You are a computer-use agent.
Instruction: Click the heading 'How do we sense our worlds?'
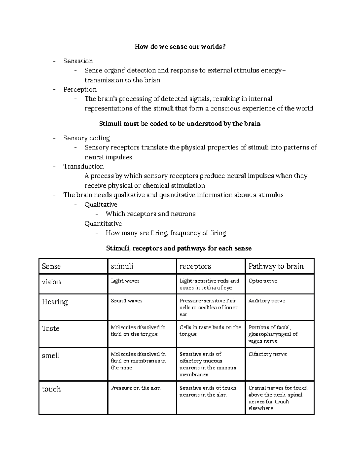pyautogui.click(x=180, y=47)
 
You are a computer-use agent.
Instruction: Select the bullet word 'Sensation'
pyautogui.click(x=78, y=61)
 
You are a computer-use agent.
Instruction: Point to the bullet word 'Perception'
pyautogui.click(x=80, y=89)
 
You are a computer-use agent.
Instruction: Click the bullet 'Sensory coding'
pyautogui.click(x=87, y=138)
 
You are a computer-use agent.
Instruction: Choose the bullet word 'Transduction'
pyautogui.click(x=83, y=167)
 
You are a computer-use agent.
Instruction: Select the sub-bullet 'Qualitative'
pyautogui.click(x=101, y=205)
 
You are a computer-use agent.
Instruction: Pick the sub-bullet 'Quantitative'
pyautogui.click(x=103, y=224)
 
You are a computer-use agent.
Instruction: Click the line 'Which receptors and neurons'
pyautogui.click(x=150, y=214)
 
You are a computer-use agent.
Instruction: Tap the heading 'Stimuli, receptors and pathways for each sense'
pyautogui.click(x=179, y=248)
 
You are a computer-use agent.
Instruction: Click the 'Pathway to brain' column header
pyautogui.click(x=276, y=266)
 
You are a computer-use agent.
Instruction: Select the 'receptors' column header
pyautogui.click(x=195, y=266)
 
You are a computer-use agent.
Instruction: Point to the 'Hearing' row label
pyautogui.click(x=55, y=302)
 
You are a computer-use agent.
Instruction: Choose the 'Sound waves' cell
pyautogui.click(x=127, y=301)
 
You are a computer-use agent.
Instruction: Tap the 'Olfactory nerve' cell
pyautogui.click(x=268, y=354)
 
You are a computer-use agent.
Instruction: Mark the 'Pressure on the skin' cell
pyautogui.click(x=136, y=388)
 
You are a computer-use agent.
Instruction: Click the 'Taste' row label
pyautogui.click(x=51, y=328)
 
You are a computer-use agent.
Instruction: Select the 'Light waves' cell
pyautogui.click(x=125, y=281)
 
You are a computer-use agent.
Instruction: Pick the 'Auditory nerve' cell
pyautogui.click(x=267, y=301)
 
